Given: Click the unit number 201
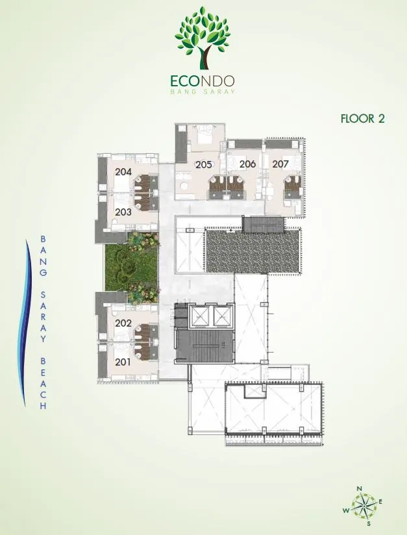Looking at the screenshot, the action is click(x=123, y=362).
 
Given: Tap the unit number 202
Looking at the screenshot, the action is click(x=123, y=323).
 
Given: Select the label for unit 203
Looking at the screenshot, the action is click(x=123, y=212).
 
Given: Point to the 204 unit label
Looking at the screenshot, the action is click(x=123, y=171).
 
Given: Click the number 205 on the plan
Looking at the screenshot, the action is click(x=204, y=165).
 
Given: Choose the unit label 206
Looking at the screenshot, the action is click(x=248, y=164).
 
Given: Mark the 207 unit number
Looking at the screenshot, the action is click(x=280, y=164).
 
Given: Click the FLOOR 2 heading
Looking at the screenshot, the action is click(x=363, y=118).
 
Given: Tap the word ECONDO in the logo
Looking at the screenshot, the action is click(x=203, y=81).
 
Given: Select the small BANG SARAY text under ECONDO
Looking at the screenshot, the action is click(x=203, y=92).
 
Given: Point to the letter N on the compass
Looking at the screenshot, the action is click(x=359, y=489).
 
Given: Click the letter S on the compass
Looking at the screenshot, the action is click(x=369, y=523).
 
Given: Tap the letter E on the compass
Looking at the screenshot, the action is click(x=380, y=501).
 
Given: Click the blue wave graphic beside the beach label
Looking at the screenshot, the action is click(x=25, y=323).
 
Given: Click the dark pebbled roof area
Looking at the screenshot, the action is click(x=254, y=251).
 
